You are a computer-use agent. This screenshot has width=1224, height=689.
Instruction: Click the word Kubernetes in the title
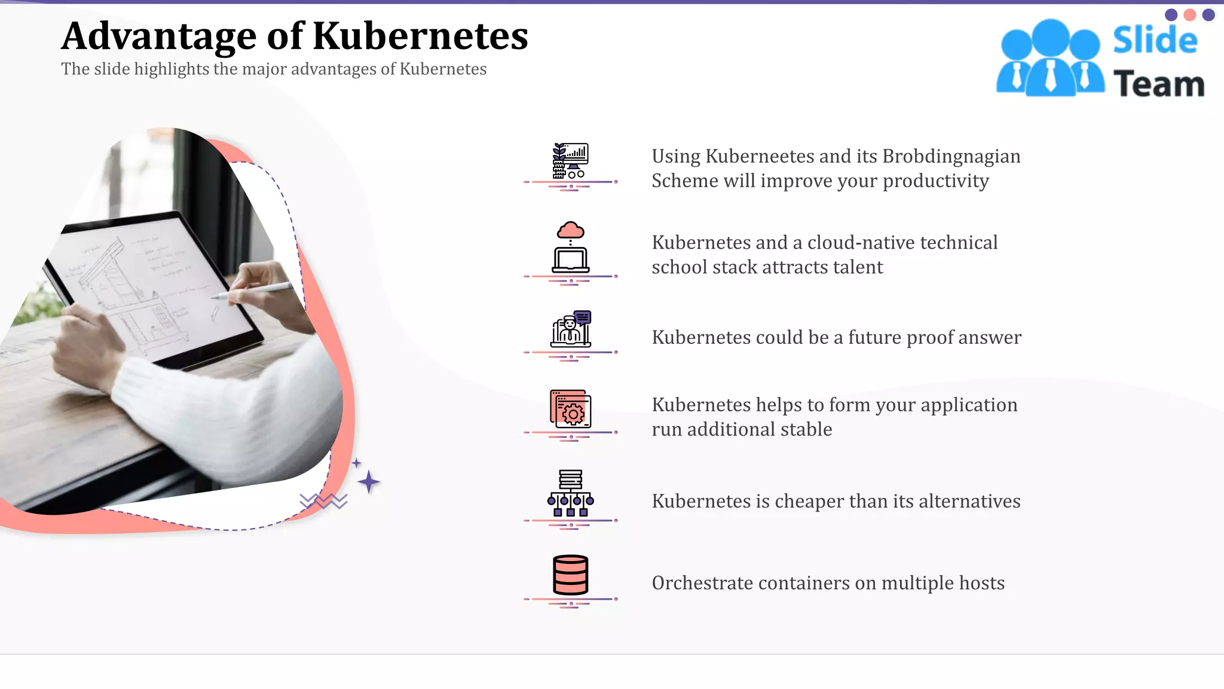(420, 36)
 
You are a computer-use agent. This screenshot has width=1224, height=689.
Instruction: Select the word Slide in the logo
(1155, 40)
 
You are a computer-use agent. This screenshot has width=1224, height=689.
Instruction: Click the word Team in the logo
(1159, 84)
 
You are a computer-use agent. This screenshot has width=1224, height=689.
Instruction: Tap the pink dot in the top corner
(1190, 15)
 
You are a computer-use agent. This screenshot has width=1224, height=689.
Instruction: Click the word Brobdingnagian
(951, 156)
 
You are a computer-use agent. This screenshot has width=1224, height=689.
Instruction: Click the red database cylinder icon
(571, 574)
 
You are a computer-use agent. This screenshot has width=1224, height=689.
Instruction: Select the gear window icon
(571, 409)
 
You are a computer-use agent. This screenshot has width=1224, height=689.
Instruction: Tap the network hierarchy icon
(571, 493)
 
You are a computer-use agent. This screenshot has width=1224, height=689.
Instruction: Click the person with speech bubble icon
(571, 328)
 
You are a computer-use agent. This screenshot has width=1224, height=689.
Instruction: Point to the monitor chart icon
(571, 161)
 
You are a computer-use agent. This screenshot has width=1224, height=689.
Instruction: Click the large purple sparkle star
(369, 481)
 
